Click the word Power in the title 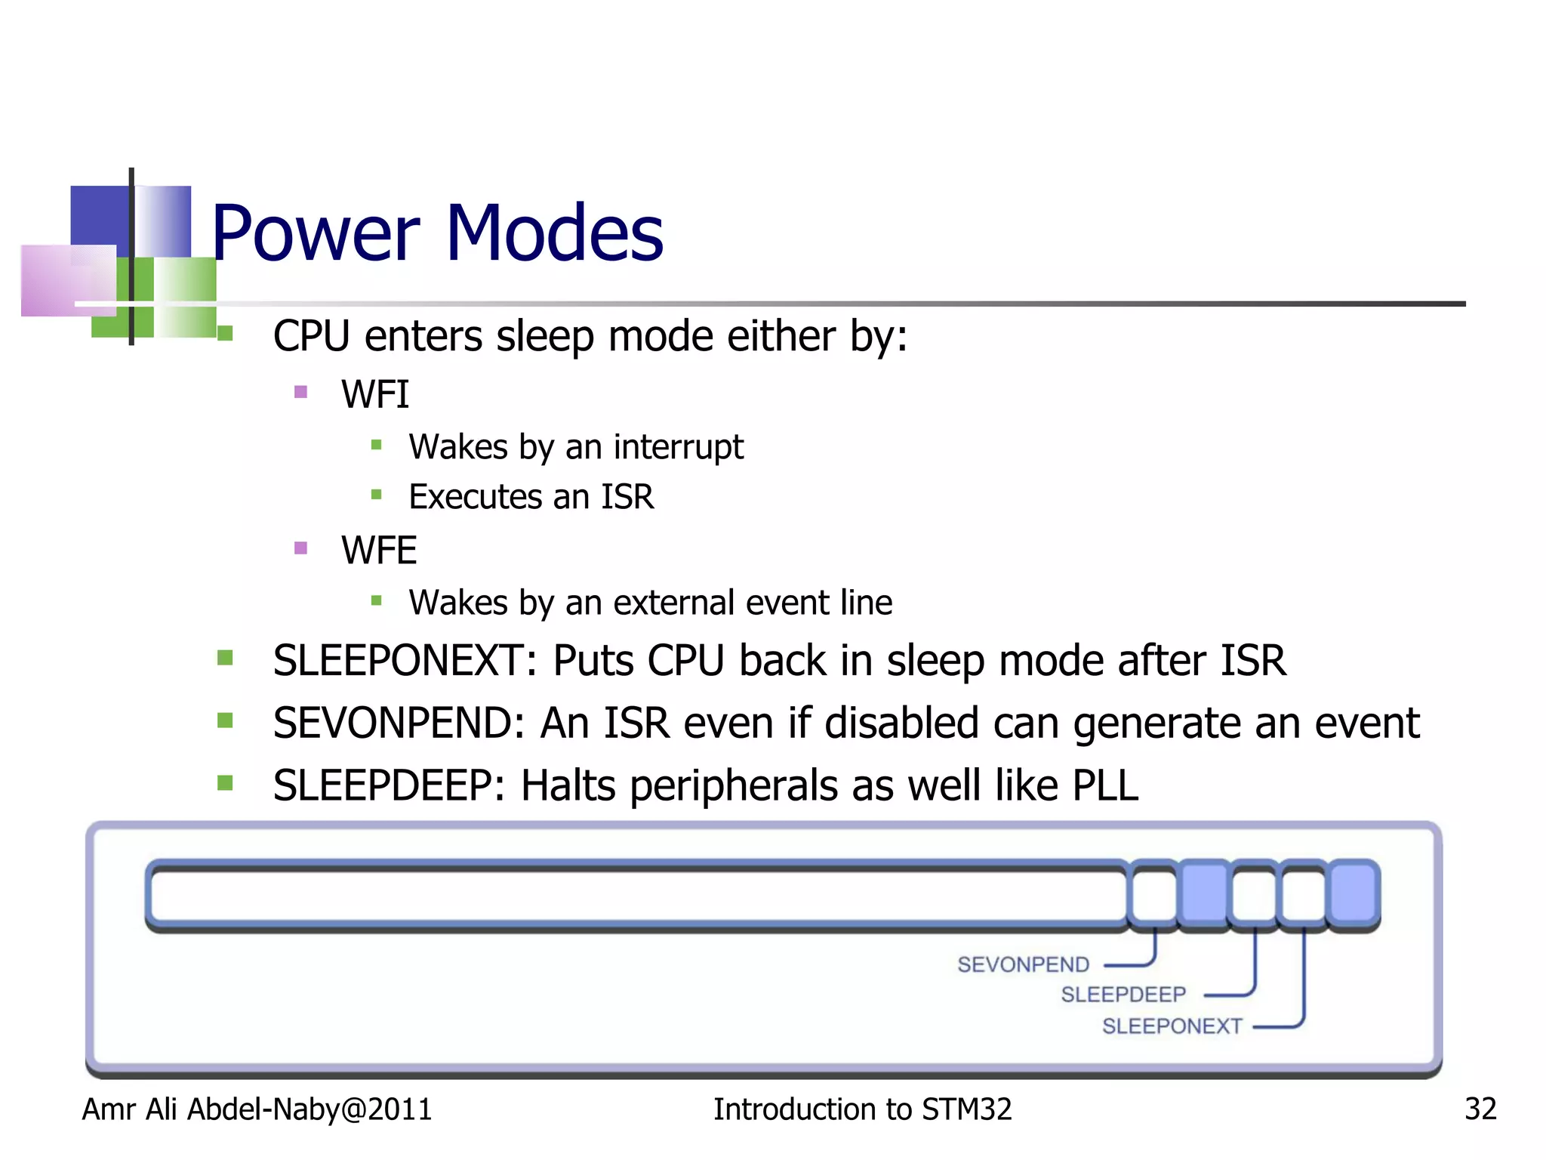coord(316,234)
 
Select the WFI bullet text coord(374,394)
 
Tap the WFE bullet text coord(378,550)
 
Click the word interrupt coord(678,447)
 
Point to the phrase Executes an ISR coord(531,497)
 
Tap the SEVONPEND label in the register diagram coord(1023,964)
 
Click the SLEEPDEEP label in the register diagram coord(1123,995)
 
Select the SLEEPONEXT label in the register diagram coord(1172,1026)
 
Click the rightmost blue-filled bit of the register coord(1354,894)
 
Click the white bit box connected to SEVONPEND coord(1154,894)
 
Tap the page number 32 coord(1480,1109)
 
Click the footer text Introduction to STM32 coord(862,1109)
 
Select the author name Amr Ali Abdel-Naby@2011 coord(257,1109)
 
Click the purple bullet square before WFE coord(300,548)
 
